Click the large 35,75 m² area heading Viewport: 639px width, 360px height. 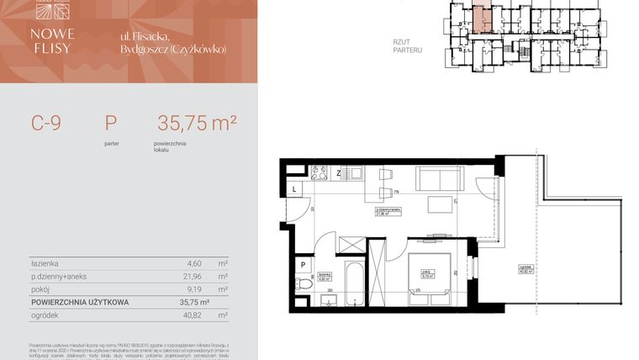pos(196,123)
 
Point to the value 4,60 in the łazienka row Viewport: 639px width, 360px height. pos(193,263)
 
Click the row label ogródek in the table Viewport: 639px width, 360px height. pos(44,315)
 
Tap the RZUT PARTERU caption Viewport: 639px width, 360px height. pos(407,45)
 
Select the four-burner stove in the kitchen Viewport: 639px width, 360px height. pos(319,174)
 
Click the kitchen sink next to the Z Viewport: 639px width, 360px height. pos(354,174)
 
